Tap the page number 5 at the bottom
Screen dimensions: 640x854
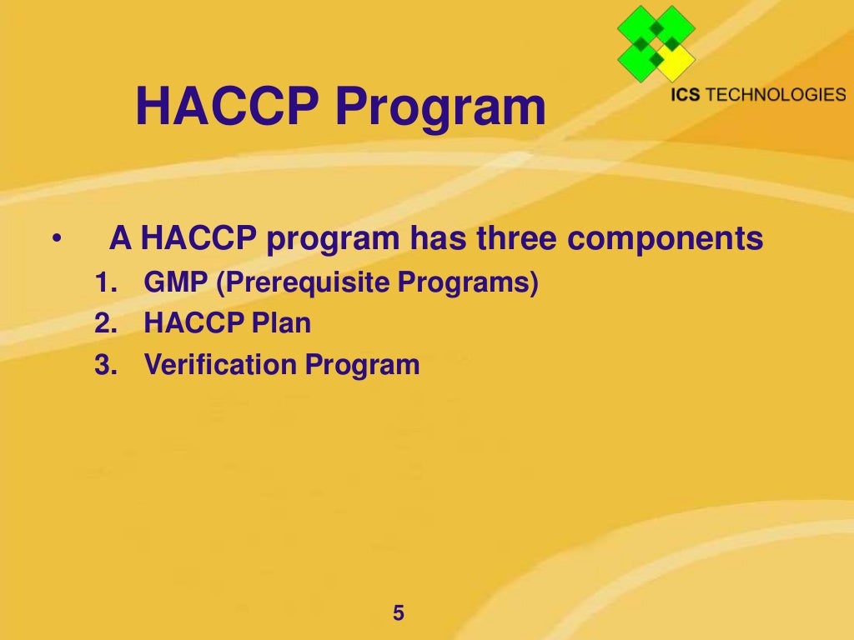pyautogui.click(x=398, y=613)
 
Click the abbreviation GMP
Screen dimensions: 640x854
pyautogui.click(x=176, y=283)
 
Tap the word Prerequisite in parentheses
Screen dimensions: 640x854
pyautogui.click(x=304, y=283)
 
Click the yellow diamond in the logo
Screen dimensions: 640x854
pyautogui.click(x=674, y=61)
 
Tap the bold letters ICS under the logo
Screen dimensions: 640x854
pyautogui.click(x=686, y=94)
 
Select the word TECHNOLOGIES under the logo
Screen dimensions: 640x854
pyautogui.click(x=776, y=94)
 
